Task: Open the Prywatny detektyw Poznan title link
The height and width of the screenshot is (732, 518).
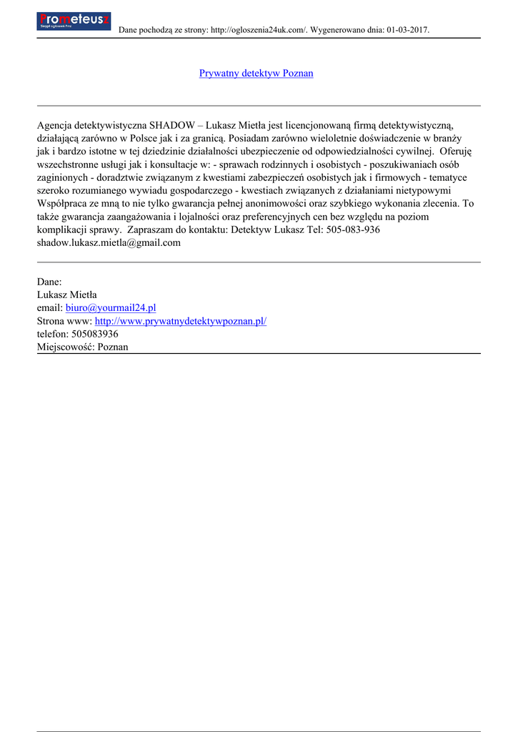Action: (256, 73)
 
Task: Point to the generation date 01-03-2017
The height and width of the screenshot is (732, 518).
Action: (407, 30)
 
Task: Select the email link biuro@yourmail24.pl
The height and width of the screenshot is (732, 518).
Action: (111, 307)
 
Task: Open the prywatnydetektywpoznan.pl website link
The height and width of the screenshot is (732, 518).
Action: (181, 321)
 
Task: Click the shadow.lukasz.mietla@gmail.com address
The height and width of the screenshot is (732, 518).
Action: (109, 242)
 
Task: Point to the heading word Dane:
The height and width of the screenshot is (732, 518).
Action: (49, 282)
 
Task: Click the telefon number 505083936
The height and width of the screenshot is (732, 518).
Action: (95, 334)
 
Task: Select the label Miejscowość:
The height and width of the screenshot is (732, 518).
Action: (66, 347)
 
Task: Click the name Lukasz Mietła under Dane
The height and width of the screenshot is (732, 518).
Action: (67, 295)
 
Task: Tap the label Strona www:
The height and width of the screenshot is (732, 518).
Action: (64, 321)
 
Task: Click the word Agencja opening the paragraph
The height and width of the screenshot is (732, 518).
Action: (57, 124)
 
